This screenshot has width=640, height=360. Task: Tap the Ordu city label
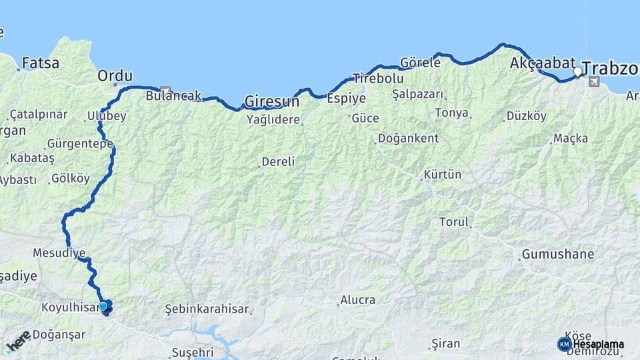pos(115,75)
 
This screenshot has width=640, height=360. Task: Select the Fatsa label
pos(41,63)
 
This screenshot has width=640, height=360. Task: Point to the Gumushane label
pos(558,254)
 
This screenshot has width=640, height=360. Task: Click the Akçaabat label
pos(542,63)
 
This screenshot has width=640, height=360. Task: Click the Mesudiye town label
pos(59,253)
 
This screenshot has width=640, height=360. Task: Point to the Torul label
pos(454,222)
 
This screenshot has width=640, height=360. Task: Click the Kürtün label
pos(443,175)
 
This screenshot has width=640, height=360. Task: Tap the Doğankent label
pos(408,138)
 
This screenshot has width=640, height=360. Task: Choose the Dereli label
pos(278,161)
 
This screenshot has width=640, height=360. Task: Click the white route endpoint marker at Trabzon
pos(577,71)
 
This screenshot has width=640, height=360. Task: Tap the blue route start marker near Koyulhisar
pos(103,307)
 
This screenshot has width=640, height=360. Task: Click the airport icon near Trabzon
pos(594,82)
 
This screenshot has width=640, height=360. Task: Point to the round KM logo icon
pos(564,344)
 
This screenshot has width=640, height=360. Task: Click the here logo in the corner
pos(19,341)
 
